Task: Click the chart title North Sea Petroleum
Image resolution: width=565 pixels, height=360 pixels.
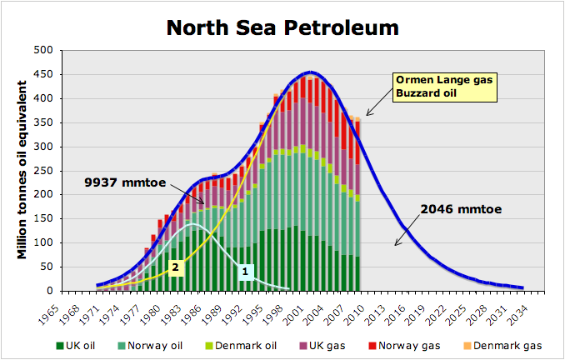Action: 282,27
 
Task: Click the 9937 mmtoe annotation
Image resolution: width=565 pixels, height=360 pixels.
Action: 123,181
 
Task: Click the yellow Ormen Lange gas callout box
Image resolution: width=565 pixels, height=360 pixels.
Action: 444,87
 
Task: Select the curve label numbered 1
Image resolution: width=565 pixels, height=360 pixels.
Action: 245,271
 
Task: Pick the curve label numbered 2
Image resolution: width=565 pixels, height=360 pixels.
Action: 175,267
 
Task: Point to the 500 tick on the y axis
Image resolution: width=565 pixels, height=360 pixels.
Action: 43,51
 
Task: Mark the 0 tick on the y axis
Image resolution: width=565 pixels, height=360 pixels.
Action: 49,291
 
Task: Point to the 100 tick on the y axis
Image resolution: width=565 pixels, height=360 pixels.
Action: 43,242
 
